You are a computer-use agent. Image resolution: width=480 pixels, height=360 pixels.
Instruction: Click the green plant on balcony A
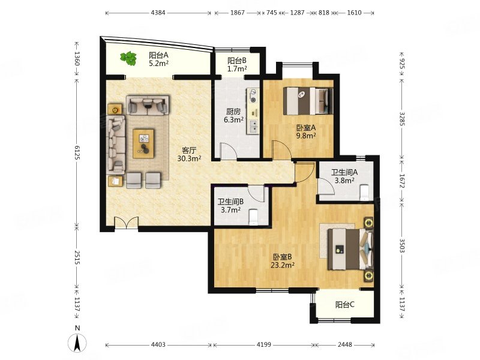pyautogui.click(x=128, y=58)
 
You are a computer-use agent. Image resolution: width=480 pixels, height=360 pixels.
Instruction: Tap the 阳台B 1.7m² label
pyautogui.click(x=237, y=65)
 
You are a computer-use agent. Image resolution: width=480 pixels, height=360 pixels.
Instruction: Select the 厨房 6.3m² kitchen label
pyautogui.click(x=233, y=116)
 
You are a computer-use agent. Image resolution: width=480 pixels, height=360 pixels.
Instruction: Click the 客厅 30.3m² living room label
pyautogui.click(x=189, y=154)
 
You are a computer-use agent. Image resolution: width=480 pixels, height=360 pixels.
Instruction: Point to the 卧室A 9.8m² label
pyautogui.click(x=306, y=131)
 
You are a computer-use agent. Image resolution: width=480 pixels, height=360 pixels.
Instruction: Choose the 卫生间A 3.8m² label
pyautogui.click(x=344, y=176)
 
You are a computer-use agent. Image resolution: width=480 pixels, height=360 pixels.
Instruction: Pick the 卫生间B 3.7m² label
pyautogui.click(x=230, y=206)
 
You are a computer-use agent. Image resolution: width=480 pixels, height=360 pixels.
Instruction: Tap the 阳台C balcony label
pyautogui.click(x=345, y=305)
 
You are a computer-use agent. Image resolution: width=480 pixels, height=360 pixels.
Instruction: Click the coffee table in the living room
pyautogui.click(x=143, y=143)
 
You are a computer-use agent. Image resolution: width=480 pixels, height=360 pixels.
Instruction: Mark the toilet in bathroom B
pyautogui.click(x=253, y=217)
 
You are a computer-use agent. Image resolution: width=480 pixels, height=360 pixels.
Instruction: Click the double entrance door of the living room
pyautogui.click(x=126, y=222)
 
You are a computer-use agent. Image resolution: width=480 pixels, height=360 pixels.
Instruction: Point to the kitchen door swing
pyautogui.click(x=229, y=151)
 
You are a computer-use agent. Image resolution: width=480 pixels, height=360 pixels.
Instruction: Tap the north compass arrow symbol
pyautogui.click(x=77, y=343)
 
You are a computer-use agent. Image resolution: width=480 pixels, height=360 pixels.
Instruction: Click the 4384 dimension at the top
pyautogui.click(x=158, y=13)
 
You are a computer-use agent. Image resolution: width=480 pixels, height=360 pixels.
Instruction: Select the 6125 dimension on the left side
pyautogui.click(x=77, y=152)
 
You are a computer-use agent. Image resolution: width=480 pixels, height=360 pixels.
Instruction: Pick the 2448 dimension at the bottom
pyautogui.click(x=345, y=344)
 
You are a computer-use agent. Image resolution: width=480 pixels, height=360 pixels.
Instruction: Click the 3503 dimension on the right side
pyautogui.click(x=402, y=245)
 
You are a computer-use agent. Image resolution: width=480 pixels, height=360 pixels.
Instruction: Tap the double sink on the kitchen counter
pyautogui.click(x=253, y=126)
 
